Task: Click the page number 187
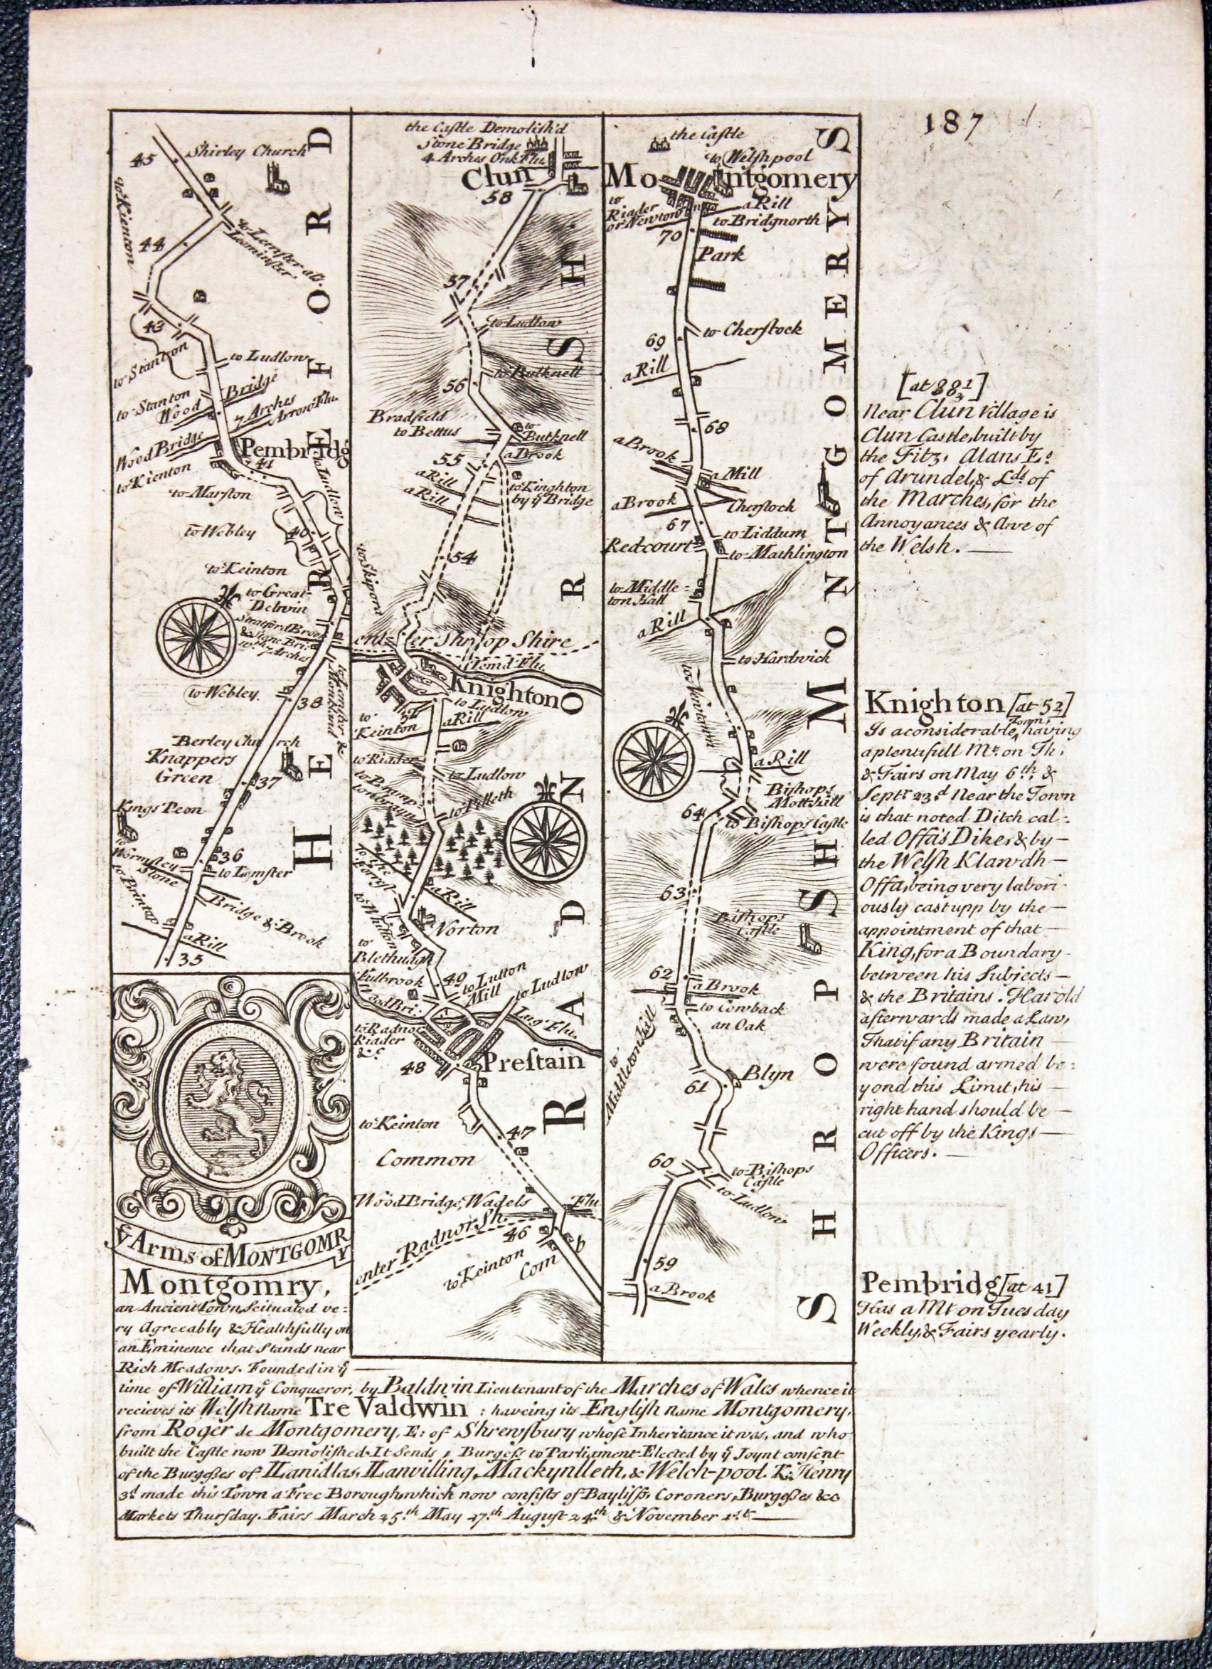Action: point(954,124)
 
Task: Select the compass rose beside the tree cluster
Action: point(548,839)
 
